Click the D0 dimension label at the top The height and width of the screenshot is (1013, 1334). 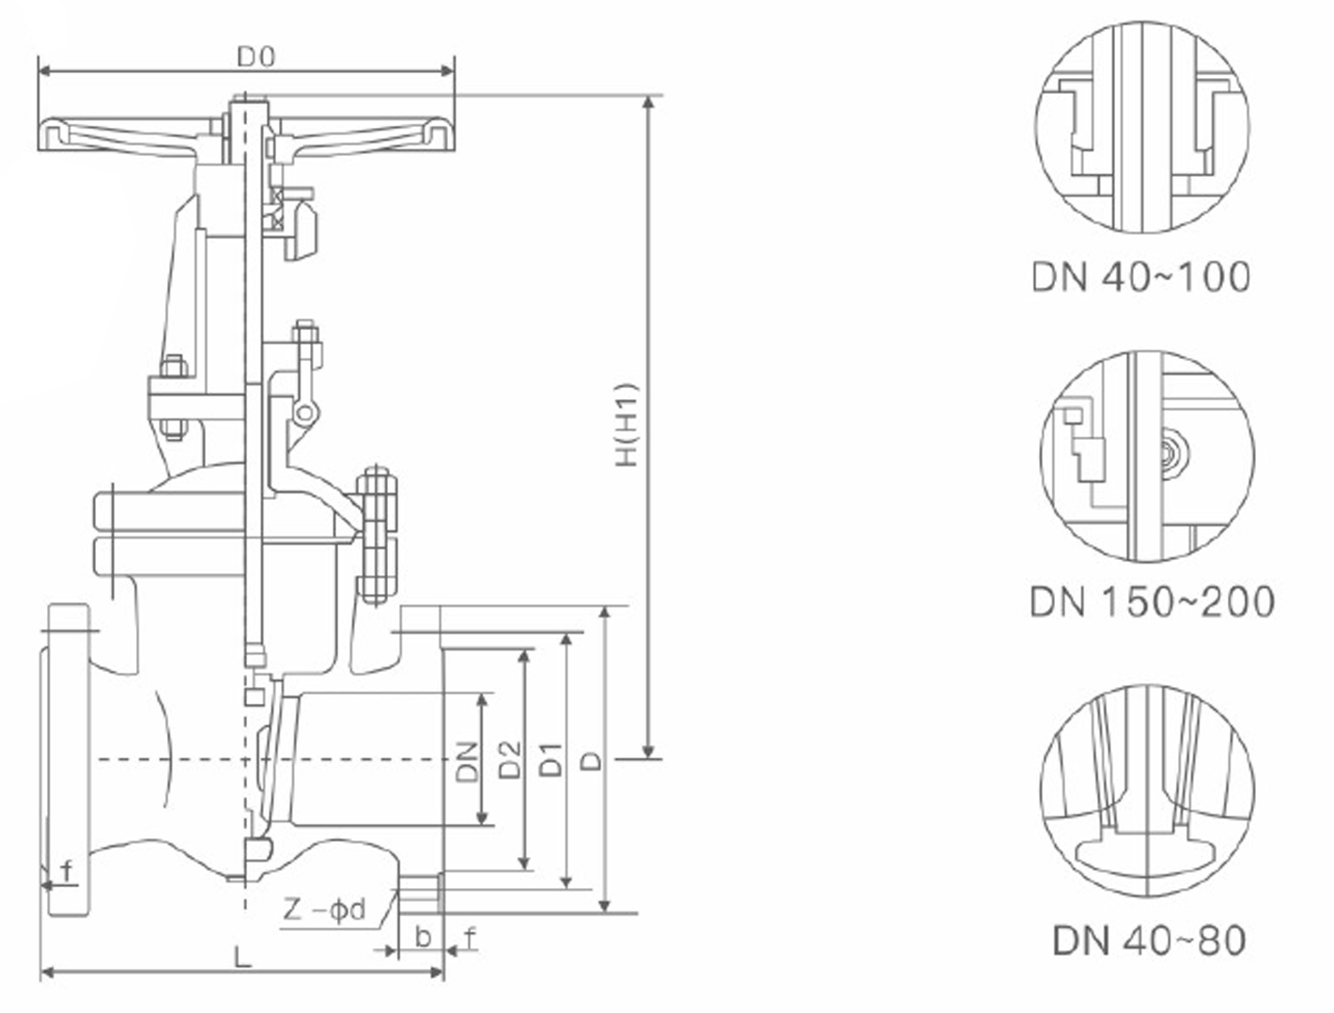click(255, 58)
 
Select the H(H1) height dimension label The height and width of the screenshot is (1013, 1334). click(627, 424)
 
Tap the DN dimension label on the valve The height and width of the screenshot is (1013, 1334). click(467, 761)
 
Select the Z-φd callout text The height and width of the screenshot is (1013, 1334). click(324, 910)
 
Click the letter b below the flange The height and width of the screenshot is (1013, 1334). click(423, 936)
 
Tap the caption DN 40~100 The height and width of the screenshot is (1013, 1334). click(1140, 277)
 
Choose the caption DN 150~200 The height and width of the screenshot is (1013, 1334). click(1152, 601)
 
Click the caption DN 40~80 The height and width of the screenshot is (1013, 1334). click(1149, 940)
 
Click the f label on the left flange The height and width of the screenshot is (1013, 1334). click(67, 871)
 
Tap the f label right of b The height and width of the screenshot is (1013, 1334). click(470, 936)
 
